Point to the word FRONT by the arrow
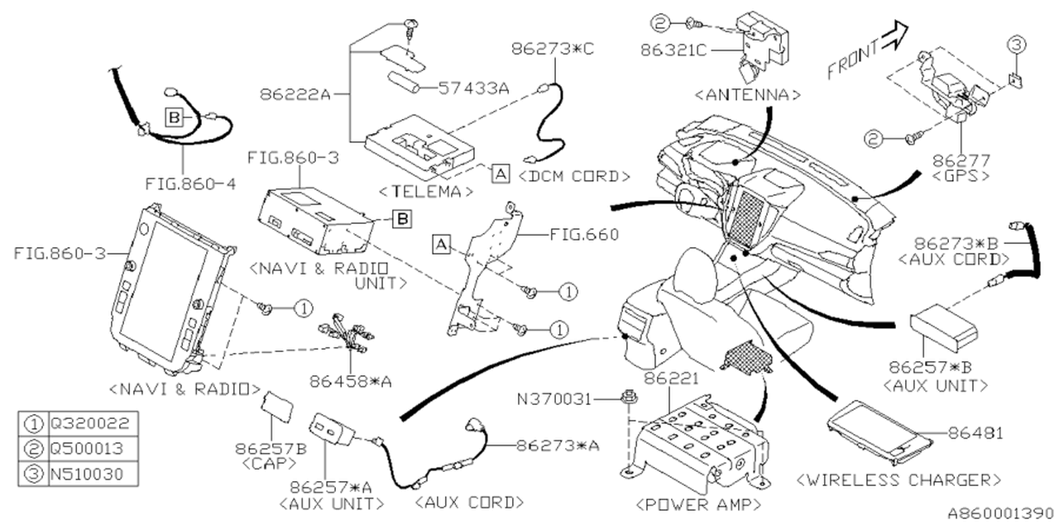point(853,60)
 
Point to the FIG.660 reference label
point(583,235)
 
